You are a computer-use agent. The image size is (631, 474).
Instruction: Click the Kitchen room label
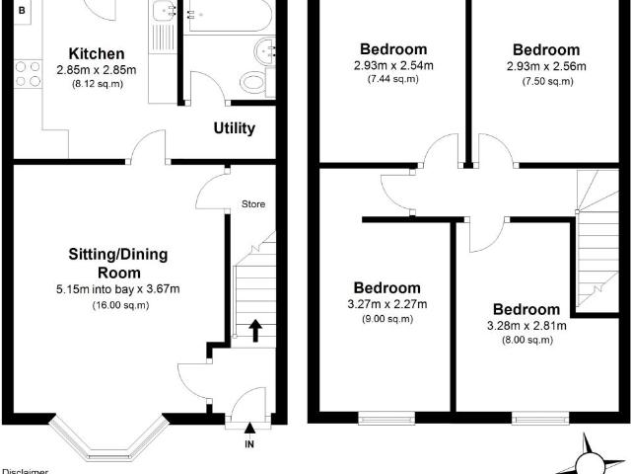(x=97, y=53)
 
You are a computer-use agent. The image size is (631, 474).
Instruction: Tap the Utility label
(x=235, y=128)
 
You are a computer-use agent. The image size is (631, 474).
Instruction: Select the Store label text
(x=253, y=204)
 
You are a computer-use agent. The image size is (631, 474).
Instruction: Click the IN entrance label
(x=249, y=444)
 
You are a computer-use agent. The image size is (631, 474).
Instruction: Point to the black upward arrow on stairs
(x=255, y=331)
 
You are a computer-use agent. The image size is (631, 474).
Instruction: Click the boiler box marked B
(x=22, y=11)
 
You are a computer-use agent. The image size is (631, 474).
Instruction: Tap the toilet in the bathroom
(x=256, y=82)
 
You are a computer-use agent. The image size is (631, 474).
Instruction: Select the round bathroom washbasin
(x=265, y=51)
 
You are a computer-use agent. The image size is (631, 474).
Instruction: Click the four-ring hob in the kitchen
(x=28, y=74)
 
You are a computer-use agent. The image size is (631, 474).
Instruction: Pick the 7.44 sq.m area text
(x=393, y=79)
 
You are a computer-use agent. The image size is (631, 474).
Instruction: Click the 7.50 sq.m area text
(x=547, y=81)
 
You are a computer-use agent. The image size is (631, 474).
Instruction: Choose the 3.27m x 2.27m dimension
(x=387, y=304)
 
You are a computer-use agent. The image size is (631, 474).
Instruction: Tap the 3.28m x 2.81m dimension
(x=526, y=325)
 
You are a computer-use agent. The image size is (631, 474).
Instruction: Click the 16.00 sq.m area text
(x=120, y=305)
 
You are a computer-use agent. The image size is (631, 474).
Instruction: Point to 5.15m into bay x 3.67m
(x=118, y=289)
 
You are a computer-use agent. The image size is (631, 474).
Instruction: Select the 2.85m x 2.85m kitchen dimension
(x=97, y=70)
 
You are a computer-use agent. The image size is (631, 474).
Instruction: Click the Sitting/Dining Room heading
(x=118, y=264)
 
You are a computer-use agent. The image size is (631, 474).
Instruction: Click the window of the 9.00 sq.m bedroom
(x=386, y=418)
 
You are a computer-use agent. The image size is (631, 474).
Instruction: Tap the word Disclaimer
(x=25, y=471)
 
